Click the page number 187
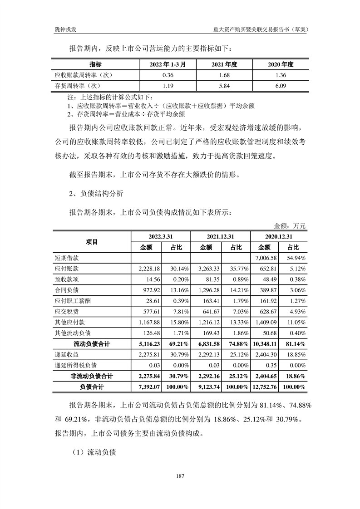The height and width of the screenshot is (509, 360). point(180,476)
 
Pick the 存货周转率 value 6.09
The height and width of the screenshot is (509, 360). point(280,85)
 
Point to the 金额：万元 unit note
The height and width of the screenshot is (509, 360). point(290,225)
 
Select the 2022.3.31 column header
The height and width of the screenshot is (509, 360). point(161,237)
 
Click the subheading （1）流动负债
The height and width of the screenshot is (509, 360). point(94,452)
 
